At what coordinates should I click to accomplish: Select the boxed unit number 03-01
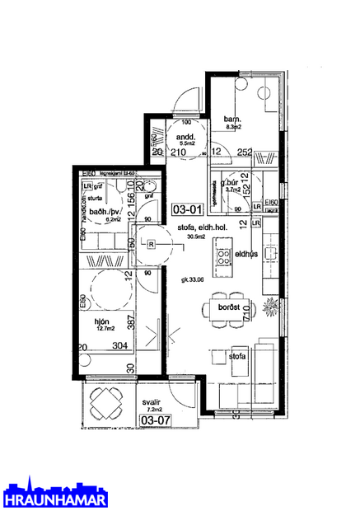[183, 209]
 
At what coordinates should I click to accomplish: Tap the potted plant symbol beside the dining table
[271, 310]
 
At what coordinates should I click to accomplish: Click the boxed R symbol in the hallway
[152, 243]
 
